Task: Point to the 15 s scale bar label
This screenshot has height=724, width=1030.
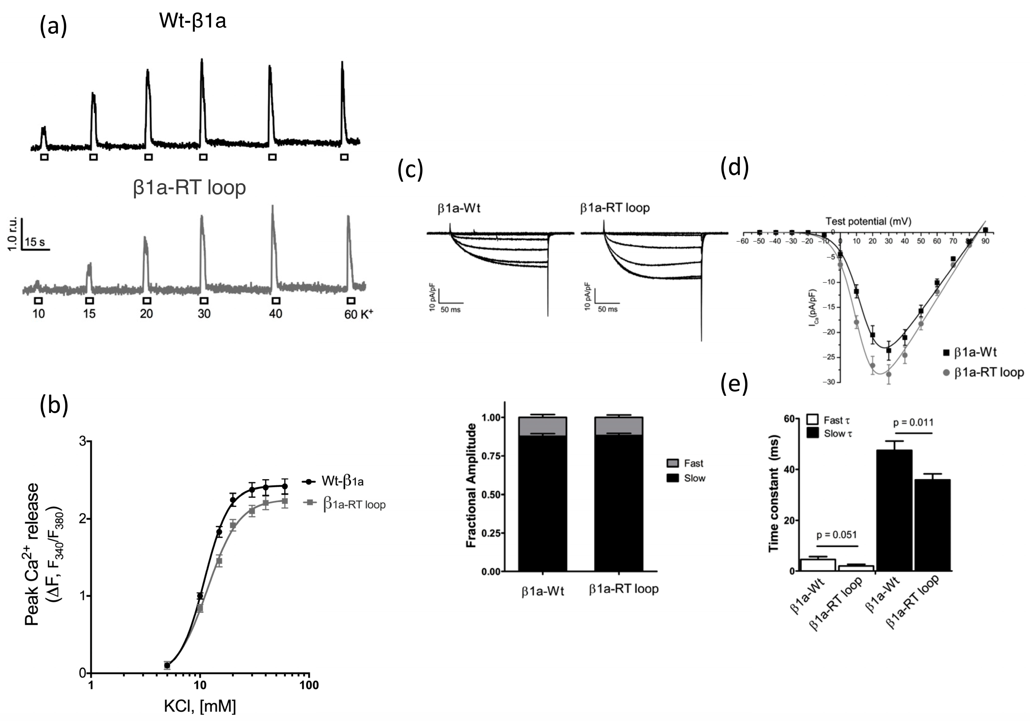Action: click(35, 242)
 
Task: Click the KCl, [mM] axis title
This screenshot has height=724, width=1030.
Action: click(200, 707)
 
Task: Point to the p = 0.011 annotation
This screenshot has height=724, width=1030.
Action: click(913, 422)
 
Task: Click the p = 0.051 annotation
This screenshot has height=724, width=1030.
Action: click(837, 535)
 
